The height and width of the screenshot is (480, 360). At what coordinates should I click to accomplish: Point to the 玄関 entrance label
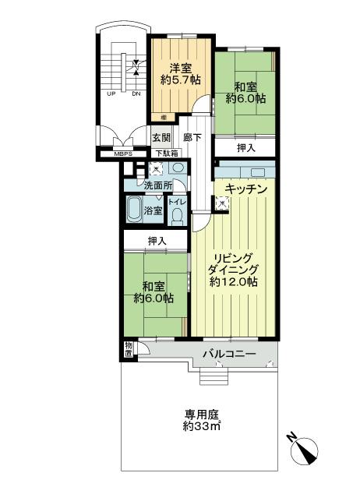click(x=161, y=138)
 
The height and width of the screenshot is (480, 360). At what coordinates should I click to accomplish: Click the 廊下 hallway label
click(x=192, y=138)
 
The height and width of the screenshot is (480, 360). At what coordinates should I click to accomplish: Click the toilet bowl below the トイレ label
click(x=177, y=216)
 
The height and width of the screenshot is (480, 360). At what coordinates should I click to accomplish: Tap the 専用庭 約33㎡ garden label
click(x=202, y=421)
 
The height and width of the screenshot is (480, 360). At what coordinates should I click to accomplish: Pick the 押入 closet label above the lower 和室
click(x=156, y=242)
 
